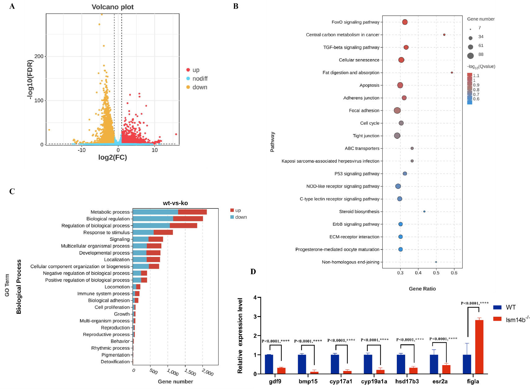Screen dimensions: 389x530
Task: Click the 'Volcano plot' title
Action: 112,7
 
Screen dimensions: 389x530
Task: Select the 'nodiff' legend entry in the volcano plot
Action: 199,78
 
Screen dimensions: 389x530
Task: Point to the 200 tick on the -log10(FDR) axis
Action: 39,56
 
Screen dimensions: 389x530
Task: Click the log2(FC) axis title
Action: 112,157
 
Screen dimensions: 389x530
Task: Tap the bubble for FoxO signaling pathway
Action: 405,22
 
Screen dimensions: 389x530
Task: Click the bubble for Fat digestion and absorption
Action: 452,73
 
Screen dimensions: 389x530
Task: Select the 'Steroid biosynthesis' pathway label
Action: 359,212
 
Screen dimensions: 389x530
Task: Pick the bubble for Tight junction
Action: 397,136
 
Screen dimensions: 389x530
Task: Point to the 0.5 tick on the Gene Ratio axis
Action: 436,273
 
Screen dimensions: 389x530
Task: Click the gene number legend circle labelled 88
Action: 471,56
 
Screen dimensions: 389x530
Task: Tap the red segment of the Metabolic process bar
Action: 192,212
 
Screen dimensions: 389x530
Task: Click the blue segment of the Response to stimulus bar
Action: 143,232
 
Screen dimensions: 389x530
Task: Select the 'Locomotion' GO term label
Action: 117,287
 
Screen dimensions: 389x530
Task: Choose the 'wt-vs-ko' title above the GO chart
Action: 175,203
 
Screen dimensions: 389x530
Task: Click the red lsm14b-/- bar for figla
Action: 479,347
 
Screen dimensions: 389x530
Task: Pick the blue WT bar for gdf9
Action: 269,364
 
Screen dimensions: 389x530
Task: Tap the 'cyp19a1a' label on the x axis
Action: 374,382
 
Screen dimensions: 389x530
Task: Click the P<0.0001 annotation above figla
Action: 475,303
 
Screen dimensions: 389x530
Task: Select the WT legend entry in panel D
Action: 505,307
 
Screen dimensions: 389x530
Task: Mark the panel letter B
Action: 236,6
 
